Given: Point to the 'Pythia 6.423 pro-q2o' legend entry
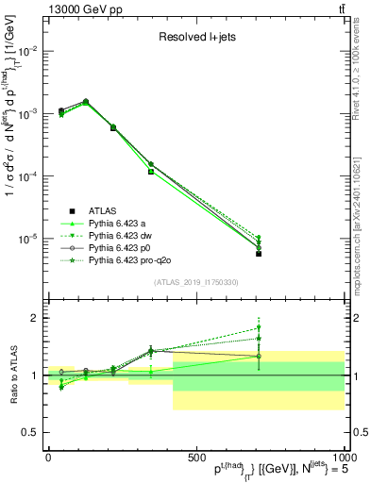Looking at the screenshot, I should point(133,259).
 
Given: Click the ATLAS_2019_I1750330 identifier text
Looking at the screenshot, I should point(195,282).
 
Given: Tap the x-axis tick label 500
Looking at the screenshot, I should point(196,457).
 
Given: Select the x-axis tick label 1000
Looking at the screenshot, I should point(343,457).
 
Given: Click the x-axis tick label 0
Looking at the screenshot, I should point(48,457).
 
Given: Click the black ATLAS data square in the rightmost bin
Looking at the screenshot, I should point(259,254).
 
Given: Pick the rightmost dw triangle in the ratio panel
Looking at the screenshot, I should point(259,328).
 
